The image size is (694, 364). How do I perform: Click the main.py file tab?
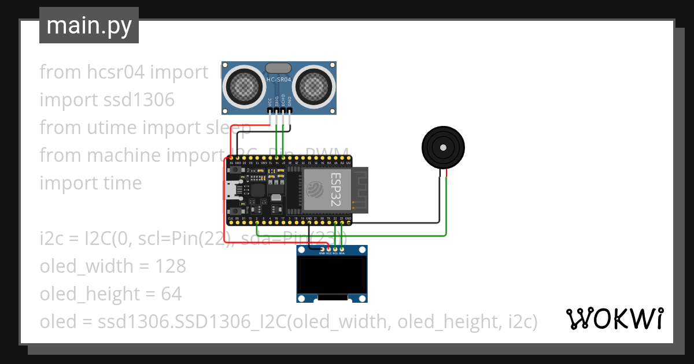[88, 25]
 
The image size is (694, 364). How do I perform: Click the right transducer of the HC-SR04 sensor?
[315, 87]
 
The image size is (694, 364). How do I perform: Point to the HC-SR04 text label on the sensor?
[279, 80]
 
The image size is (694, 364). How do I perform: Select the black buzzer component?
[442, 148]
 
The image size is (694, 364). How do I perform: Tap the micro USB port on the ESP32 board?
[231, 189]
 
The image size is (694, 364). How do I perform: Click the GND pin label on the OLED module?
[321, 253]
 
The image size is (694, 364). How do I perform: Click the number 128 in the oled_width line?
[171, 266]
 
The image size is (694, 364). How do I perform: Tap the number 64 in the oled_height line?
[171, 294]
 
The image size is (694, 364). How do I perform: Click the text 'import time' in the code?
[90, 183]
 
